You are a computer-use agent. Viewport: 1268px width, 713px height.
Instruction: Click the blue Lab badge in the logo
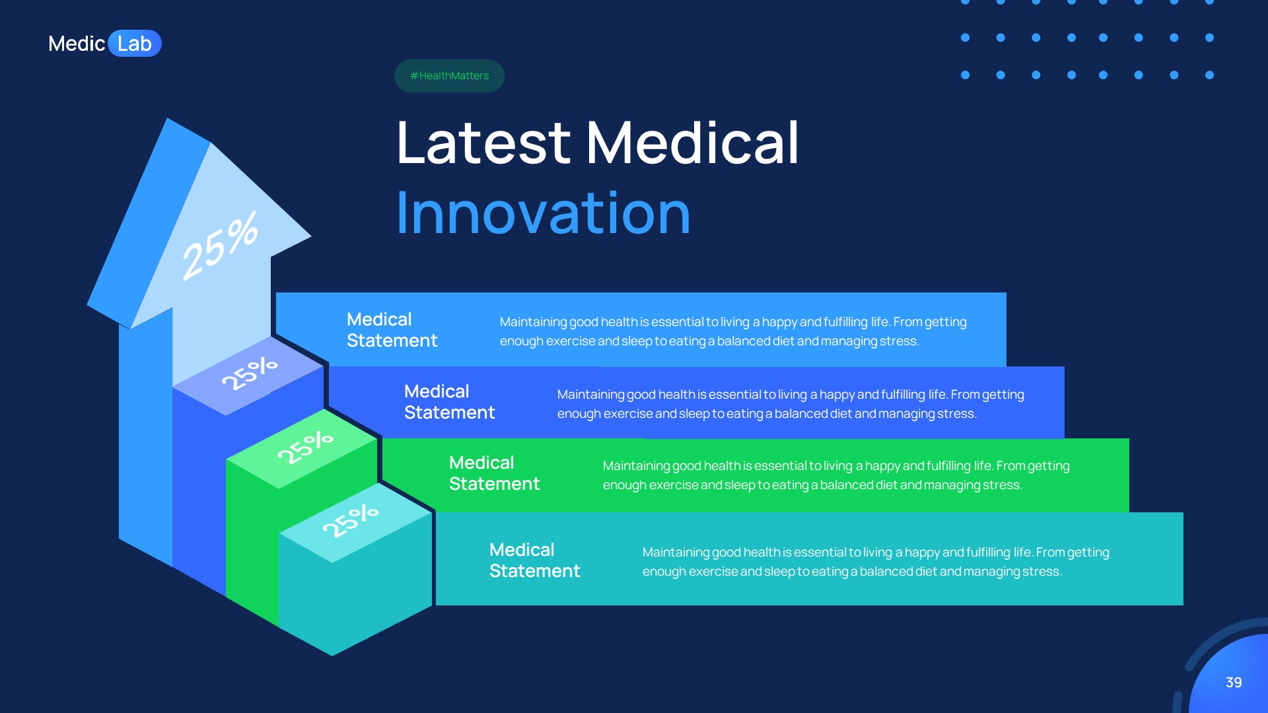point(135,44)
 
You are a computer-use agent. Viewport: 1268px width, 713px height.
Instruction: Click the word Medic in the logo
point(76,44)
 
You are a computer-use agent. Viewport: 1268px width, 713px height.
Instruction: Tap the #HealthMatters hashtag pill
point(449,76)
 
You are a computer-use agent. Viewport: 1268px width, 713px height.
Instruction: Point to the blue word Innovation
point(543,213)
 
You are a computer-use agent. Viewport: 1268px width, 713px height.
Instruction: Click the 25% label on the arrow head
point(220,246)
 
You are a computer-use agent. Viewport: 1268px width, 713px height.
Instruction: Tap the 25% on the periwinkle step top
point(249,374)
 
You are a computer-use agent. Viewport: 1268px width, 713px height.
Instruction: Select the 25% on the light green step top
point(304,447)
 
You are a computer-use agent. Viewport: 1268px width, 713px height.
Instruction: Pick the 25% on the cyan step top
point(350,520)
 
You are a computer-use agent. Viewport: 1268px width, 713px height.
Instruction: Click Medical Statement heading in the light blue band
point(392,330)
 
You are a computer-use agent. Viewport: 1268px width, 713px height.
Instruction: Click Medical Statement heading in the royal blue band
point(449,402)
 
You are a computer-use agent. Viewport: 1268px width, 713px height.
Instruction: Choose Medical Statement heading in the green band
point(494,473)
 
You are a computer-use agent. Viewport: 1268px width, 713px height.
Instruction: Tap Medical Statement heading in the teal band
point(534,560)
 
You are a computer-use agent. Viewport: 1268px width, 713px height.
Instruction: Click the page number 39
point(1234,683)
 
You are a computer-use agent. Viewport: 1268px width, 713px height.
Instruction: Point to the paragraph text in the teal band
point(875,562)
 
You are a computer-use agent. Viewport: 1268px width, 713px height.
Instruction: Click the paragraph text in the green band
point(835,475)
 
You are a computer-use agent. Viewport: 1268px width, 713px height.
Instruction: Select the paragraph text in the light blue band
point(732,331)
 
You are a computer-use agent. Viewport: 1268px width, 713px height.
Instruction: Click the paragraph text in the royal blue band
point(790,404)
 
